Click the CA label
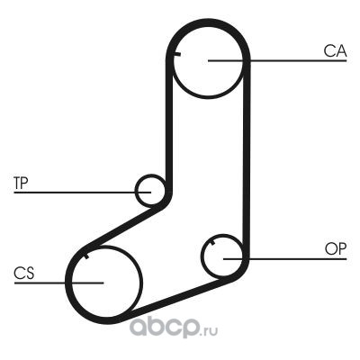click(x=335, y=51)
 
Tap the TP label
click(x=21, y=183)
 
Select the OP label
click(x=336, y=249)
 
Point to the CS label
click(x=24, y=274)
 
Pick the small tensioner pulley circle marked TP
click(x=136, y=190)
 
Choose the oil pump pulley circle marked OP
click(x=202, y=256)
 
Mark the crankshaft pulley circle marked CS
click(x=141, y=282)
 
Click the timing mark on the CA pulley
click(x=177, y=54)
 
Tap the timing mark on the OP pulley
click(x=212, y=242)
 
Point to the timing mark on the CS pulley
click(x=86, y=256)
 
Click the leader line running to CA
click(x=277, y=60)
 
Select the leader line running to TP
click(x=82, y=192)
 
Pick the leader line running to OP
click(x=285, y=258)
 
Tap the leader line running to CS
click(x=58, y=283)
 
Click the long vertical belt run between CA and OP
click(x=246, y=159)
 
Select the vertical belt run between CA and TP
click(x=169, y=123)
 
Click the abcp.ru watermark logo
click(x=174, y=328)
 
